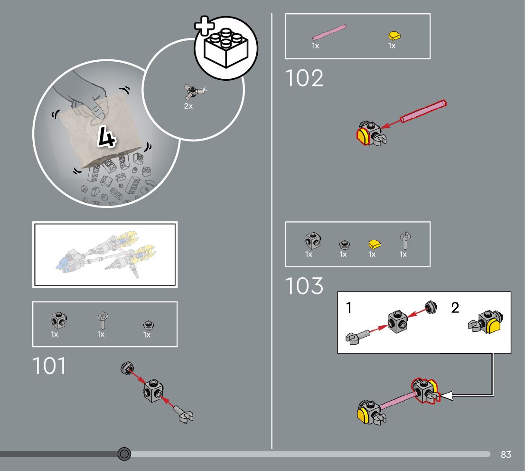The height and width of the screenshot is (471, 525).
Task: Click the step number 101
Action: pos(49,366)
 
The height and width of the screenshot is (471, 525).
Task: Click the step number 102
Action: pos(304,78)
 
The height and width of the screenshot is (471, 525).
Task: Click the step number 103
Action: pos(304,286)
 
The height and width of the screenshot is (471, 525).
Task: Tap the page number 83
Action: pos(506,454)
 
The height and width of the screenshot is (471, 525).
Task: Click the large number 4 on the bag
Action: pos(106,137)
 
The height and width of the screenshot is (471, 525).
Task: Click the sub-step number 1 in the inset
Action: pos(349,308)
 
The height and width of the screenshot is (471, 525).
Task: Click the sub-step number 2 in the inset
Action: pos(455,308)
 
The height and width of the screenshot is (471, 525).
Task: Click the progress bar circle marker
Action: pos(124,454)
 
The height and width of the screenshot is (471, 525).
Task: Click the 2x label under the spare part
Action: pos(188,106)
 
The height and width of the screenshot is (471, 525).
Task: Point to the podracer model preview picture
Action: pos(105,254)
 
